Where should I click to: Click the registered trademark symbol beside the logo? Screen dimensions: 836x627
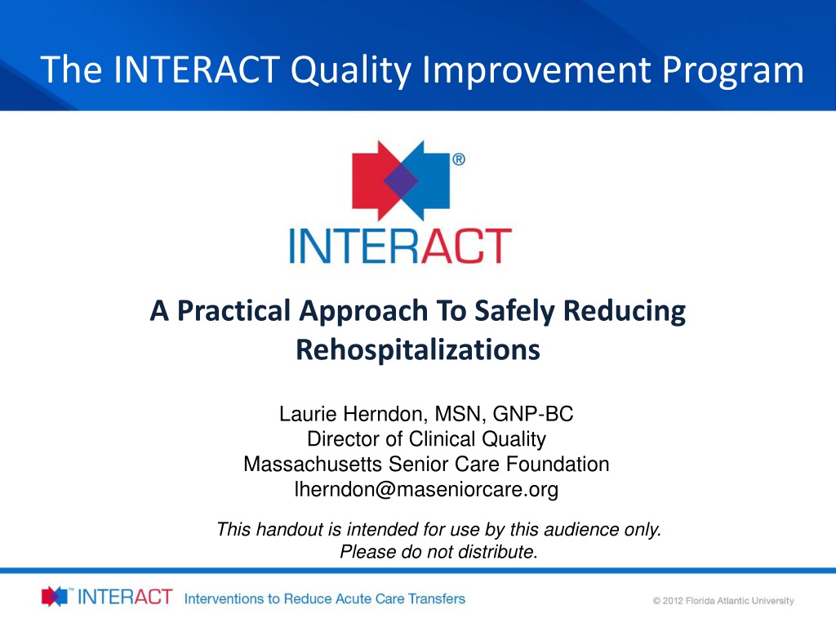coord(459,159)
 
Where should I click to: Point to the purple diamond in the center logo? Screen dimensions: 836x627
coord(400,181)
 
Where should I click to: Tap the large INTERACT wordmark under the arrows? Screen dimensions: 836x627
coord(400,246)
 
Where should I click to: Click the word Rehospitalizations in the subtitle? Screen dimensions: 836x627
coord(418,349)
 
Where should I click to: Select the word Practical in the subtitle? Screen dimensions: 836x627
coord(234,311)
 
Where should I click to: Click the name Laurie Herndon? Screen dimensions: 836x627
coord(351,414)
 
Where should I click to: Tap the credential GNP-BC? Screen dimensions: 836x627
coord(532,414)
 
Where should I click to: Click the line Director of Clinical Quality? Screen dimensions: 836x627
coord(426,438)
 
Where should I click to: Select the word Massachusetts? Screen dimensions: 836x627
coord(313,464)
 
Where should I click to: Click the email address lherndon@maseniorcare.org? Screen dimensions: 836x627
coord(426,489)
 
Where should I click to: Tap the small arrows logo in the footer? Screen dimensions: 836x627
coord(55,596)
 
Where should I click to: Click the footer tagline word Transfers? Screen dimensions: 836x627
coord(437,598)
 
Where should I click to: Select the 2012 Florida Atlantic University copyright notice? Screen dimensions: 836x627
coord(723,601)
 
